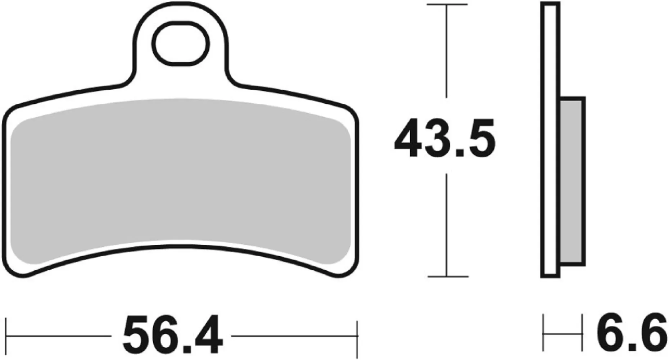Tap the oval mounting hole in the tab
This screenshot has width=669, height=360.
[181, 44]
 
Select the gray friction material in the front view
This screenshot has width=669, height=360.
[180, 176]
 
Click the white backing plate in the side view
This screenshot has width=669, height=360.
[550, 140]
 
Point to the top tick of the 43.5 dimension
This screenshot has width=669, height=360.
[447, 5]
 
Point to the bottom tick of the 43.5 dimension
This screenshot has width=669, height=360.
[447, 276]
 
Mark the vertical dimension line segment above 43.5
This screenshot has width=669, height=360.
[447, 50]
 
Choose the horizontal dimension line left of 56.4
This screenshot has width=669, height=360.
[58, 336]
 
